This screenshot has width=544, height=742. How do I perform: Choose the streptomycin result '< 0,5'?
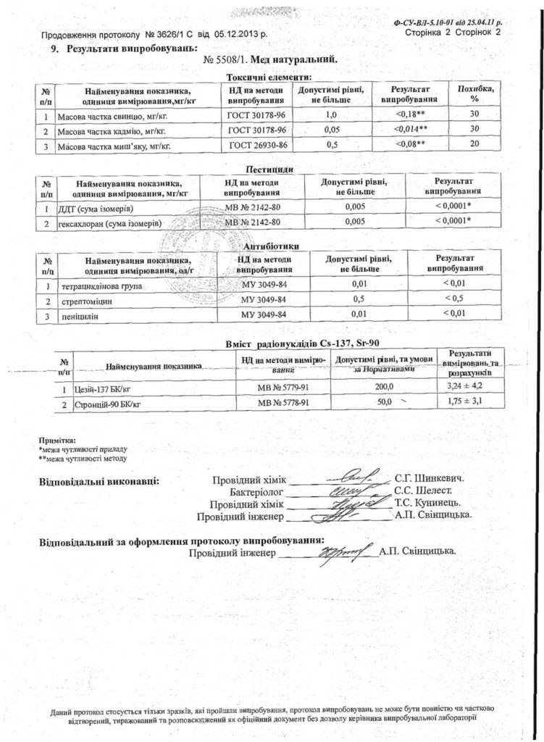pyautogui.click(x=452, y=299)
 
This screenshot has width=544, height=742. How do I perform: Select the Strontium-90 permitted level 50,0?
pyautogui.click(x=384, y=401)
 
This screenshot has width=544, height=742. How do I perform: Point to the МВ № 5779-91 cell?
pyautogui.click(x=284, y=388)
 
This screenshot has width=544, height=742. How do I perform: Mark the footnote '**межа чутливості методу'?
pyautogui.click(x=83, y=458)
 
